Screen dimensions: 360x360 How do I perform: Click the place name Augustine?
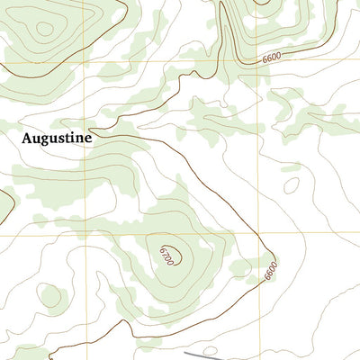click(x=56, y=140)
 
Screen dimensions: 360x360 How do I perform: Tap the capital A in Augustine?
click(x=27, y=139)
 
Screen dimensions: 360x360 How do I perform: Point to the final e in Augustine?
click(x=88, y=140)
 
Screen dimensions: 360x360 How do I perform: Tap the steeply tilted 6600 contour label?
click(x=271, y=268)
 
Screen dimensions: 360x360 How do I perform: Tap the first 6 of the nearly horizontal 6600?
click(x=265, y=58)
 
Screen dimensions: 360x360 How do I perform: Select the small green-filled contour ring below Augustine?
click(x=51, y=294)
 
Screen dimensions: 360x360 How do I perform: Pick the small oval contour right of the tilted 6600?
click(x=291, y=185)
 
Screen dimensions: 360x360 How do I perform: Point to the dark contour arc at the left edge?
click(x=4, y=205)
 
